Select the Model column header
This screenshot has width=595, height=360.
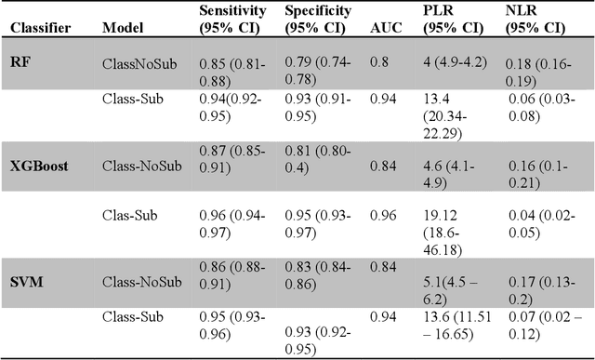pyautogui.click(x=121, y=29)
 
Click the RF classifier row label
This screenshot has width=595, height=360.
pyautogui.click(x=20, y=61)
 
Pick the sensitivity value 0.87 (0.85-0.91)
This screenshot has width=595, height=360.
pyautogui.click(x=234, y=158)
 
